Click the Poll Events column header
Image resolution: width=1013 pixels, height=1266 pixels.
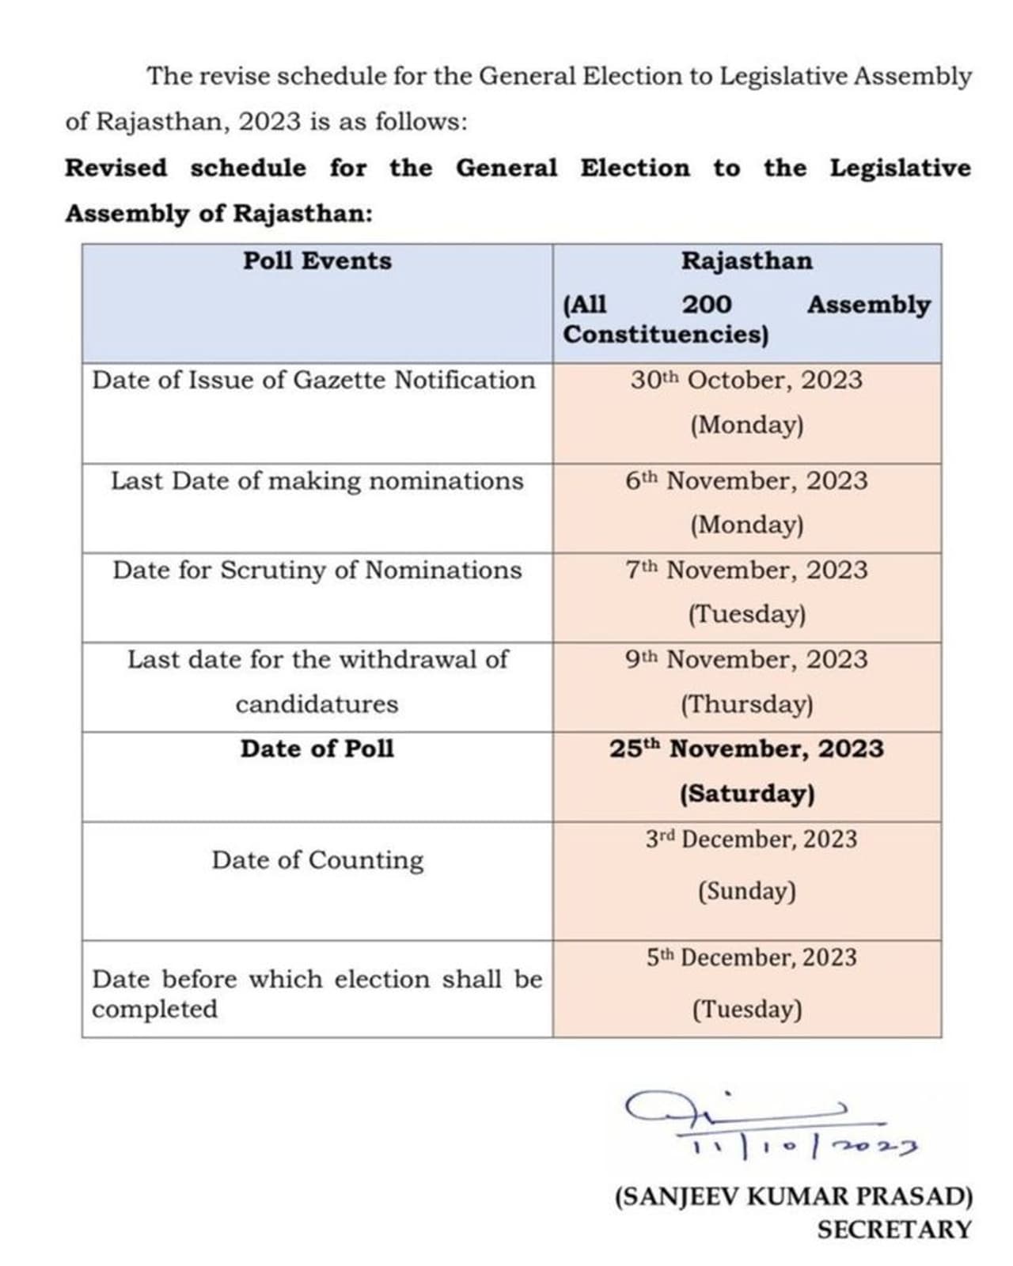coord(317,261)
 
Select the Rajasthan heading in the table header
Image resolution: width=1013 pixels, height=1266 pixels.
coord(746,261)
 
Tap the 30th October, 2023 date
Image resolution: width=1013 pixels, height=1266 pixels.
coord(746,381)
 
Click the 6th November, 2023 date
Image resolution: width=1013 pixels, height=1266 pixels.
coord(746,481)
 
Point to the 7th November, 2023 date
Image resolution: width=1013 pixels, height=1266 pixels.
coord(746,570)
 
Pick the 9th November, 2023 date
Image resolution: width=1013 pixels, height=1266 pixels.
coord(746,660)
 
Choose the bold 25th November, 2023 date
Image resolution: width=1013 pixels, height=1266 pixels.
coord(746,749)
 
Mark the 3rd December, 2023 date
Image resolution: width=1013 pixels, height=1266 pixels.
coord(750,840)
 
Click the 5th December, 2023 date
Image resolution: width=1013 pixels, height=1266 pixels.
coord(750,958)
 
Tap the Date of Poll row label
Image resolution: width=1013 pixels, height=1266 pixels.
coord(317,749)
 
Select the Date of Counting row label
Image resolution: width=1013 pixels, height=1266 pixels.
coord(317,861)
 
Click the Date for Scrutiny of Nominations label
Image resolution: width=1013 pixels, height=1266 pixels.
coord(317,570)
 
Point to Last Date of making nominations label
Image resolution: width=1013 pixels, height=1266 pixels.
coord(317,481)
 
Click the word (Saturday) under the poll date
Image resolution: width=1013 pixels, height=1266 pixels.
coord(746,794)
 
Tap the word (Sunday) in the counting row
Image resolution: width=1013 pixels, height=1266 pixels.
coord(746,892)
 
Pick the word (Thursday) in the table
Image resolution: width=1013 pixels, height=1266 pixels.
coord(746,704)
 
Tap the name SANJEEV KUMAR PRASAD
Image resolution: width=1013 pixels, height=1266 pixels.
coord(794,1196)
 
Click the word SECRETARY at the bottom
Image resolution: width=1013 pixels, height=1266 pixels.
coord(893,1230)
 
